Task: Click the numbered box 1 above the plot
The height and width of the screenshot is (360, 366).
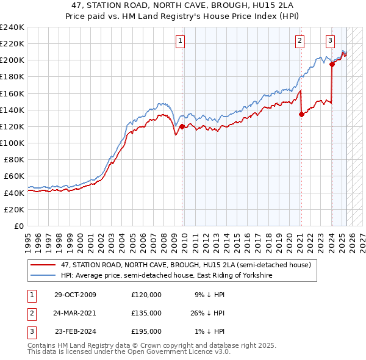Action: tap(181, 41)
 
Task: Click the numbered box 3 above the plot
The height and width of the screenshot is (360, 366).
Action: tap(330, 41)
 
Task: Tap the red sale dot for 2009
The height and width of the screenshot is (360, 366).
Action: tap(182, 126)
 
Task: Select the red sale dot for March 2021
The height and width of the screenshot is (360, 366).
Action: tap(301, 113)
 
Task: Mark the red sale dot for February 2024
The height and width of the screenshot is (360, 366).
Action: tap(332, 64)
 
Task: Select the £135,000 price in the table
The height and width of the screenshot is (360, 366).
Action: tap(146, 313)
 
